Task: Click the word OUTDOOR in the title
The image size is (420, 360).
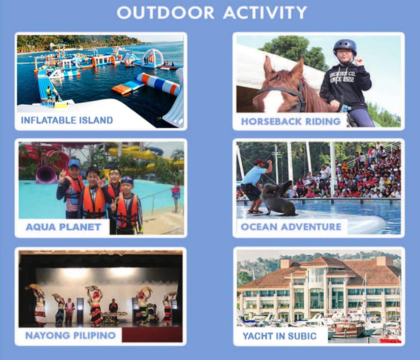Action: coord(165,12)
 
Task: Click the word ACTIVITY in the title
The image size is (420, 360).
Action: coord(265,12)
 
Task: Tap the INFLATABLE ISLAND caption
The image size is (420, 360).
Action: coord(67,120)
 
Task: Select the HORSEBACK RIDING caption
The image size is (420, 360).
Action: coord(291,121)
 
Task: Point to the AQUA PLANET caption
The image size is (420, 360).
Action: coord(64,227)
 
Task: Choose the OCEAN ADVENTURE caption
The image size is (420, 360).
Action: coord(291,227)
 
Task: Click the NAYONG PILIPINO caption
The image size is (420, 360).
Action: coord(71,335)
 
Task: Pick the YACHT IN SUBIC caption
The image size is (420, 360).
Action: coord(280,336)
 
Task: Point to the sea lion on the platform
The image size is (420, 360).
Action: coord(277,198)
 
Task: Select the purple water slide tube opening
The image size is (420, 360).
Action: coord(46,174)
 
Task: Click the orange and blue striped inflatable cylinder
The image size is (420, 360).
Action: coord(158,84)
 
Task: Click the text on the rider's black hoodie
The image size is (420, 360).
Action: coord(342,77)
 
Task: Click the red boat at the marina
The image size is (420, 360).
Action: coord(390,340)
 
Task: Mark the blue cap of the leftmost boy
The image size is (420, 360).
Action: coord(74,163)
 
